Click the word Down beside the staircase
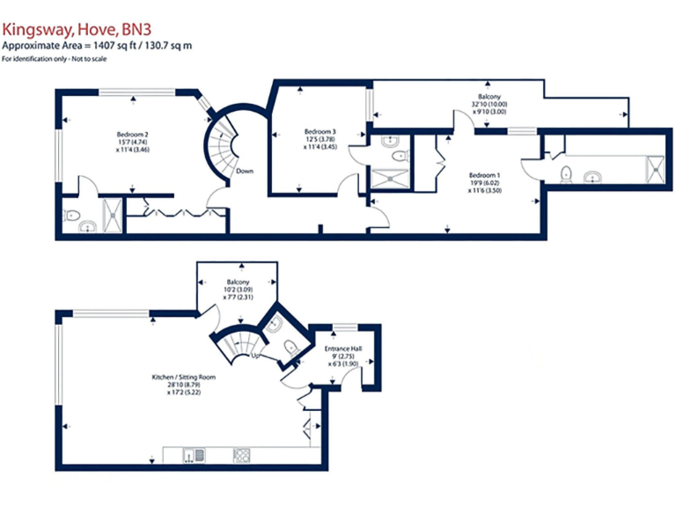tap(246, 171)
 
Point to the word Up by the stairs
tap(255, 357)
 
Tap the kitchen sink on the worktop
tap(194, 454)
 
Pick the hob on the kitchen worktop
tap(240, 454)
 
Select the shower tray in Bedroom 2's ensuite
tap(113, 216)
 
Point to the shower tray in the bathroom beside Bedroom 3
tap(386, 180)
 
